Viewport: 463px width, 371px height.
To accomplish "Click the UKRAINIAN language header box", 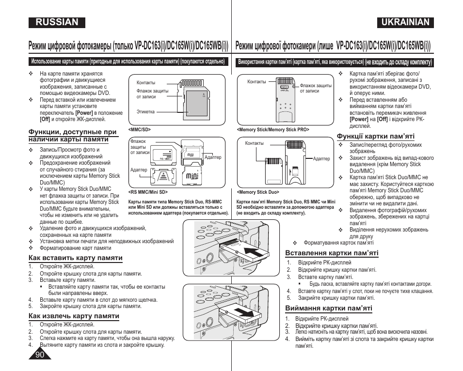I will [405, 22].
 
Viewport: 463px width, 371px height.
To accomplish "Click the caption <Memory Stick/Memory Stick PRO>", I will [273, 130].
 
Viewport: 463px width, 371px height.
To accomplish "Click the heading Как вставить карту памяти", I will [75, 258].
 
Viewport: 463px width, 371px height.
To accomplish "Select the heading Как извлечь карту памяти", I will [74, 316].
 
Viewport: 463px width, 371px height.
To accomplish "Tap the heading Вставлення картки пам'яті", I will [332, 253].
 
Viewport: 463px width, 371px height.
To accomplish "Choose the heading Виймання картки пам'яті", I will [329, 308].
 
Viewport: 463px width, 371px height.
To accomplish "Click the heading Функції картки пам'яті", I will [376, 136].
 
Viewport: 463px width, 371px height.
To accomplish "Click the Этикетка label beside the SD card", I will [145, 112].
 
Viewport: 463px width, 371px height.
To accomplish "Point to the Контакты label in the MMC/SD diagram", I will [146, 83].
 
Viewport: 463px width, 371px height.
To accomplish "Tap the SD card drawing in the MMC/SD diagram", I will [197, 100].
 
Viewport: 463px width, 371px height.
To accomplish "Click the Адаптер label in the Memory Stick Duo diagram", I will [321, 159].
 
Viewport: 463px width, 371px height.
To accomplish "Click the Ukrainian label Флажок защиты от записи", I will [316, 88].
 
